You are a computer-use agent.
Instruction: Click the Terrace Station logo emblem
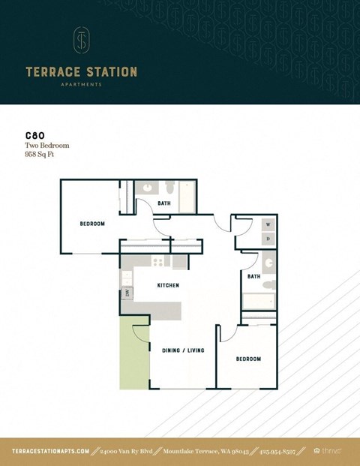[x=80, y=41]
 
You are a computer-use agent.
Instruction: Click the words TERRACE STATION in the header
[x=81, y=72]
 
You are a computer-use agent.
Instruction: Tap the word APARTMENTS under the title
[x=81, y=85]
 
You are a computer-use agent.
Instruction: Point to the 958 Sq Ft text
[x=43, y=155]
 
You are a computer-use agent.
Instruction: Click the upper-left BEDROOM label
[x=92, y=224]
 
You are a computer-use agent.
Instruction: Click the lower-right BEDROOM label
[x=248, y=359]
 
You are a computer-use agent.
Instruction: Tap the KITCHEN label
[x=168, y=285]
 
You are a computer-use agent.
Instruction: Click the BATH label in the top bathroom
[x=163, y=203]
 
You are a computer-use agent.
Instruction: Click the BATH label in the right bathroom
[x=253, y=276]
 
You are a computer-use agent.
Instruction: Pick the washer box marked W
[x=268, y=224]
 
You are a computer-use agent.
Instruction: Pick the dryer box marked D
[x=268, y=239]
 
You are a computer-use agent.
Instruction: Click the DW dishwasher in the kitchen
[x=127, y=293]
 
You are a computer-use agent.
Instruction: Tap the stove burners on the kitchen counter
[x=157, y=262]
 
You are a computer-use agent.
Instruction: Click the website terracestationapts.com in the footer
[x=51, y=451]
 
